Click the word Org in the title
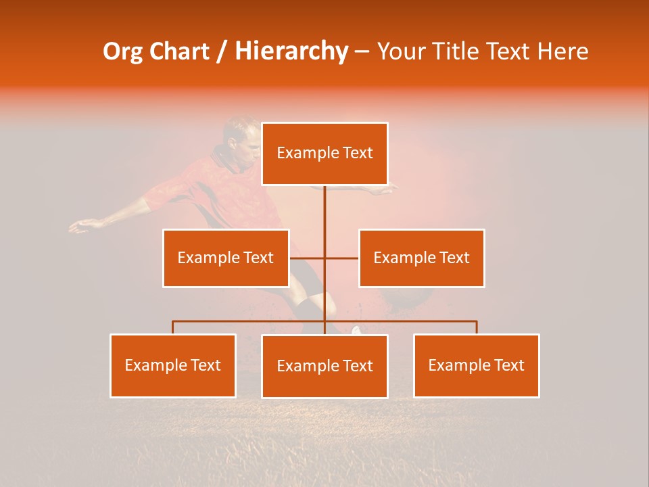pos(122,51)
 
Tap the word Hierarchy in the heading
pos(291,51)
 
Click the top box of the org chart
pos(324,154)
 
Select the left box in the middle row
pos(226,258)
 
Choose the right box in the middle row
pos(421,258)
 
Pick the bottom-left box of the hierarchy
pos(173,366)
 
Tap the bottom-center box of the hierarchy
pos(324,367)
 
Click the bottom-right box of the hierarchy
pos(476,366)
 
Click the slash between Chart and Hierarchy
pos(222,51)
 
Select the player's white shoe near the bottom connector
pos(357,330)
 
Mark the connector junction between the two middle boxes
pos(324,258)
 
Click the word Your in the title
pos(402,51)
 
